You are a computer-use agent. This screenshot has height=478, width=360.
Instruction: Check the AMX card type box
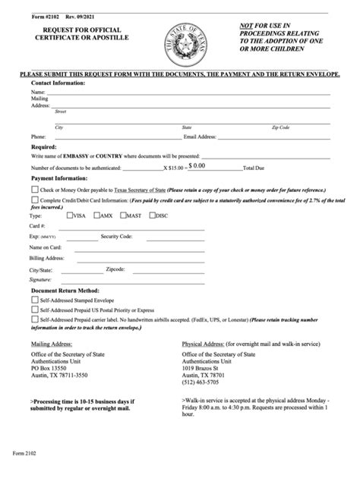tap(96, 215)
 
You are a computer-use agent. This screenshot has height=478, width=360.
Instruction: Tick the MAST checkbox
tap(125, 215)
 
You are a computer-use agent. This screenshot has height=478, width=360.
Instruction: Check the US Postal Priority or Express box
tap(35, 310)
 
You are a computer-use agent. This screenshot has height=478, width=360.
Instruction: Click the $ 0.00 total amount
tap(197, 164)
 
